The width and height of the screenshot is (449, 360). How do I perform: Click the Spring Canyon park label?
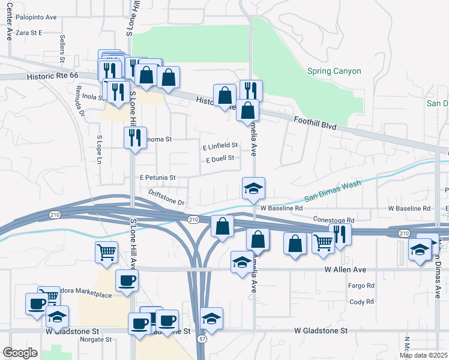(x=334, y=71)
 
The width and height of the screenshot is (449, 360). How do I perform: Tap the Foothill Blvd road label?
(x=315, y=125)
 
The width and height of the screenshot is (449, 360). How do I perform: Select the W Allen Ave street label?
(x=345, y=270)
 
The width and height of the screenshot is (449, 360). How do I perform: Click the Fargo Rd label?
(x=361, y=286)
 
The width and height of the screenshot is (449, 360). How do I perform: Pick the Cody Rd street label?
(x=361, y=302)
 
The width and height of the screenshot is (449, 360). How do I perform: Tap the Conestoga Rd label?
(x=333, y=220)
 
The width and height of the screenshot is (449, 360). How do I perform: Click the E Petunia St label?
(x=157, y=178)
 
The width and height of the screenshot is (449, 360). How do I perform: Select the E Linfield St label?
(x=220, y=145)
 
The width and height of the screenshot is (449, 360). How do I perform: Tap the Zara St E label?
(x=29, y=33)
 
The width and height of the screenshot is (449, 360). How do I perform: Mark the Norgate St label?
(x=96, y=339)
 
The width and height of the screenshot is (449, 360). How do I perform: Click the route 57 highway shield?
(x=204, y=340)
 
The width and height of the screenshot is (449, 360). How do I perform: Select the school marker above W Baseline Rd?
(x=253, y=188)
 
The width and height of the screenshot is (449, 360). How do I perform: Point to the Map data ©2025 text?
(x=423, y=355)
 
